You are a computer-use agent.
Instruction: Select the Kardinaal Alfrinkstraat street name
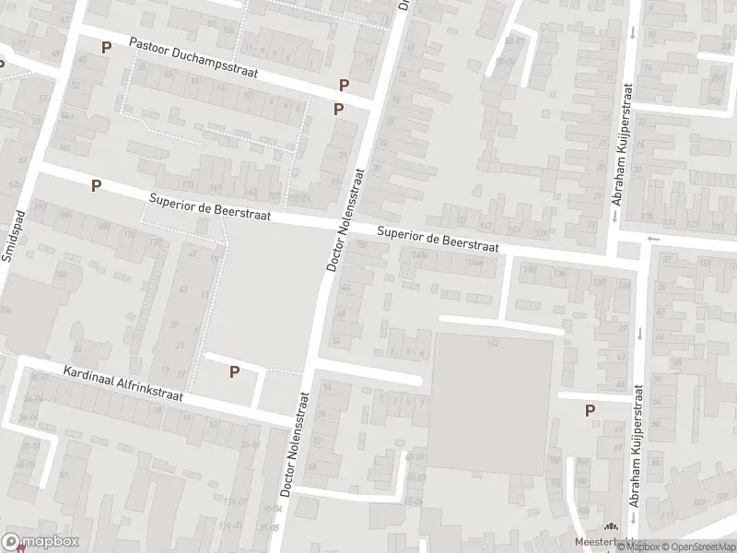pos(123,385)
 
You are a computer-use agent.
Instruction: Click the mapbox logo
pos(41,542)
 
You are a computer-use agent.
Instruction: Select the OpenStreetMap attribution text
pos(696,547)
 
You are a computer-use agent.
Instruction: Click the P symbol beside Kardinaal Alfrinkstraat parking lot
pos(234,371)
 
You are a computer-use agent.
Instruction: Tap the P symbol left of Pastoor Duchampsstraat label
pos(107,47)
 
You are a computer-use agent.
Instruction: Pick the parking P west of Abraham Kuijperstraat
pos(590,410)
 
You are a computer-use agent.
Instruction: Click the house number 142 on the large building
pos(493,343)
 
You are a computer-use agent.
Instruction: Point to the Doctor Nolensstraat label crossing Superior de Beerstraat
pos(345,218)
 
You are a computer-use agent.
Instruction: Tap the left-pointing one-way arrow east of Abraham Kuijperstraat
pos(653,239)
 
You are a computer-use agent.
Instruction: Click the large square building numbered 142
pos(493,401)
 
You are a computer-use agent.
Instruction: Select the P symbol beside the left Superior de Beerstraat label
pos(96,185)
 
